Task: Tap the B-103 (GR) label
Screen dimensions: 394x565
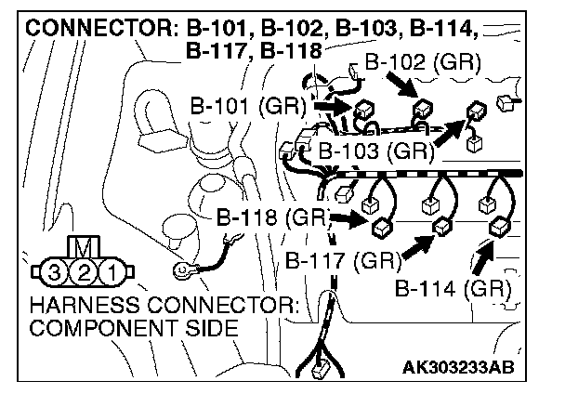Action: [376, 149]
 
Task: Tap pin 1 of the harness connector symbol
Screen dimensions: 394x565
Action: [110, 272]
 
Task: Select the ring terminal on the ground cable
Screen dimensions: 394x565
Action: [181, 272]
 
